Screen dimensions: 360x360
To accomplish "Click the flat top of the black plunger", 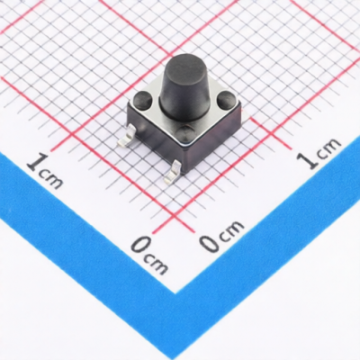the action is click(x=182, y=64).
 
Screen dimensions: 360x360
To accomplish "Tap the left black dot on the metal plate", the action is click(x=142, y=100).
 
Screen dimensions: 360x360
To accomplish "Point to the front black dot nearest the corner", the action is click(x=186, y=131).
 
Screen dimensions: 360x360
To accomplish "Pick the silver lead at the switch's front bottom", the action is click(x=172, y=172).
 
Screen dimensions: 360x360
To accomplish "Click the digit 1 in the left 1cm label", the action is click(x=37, y=162).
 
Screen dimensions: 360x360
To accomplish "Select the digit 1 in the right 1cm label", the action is click(x=310, y=159).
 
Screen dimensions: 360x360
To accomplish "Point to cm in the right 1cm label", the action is click(x=328, y=147).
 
